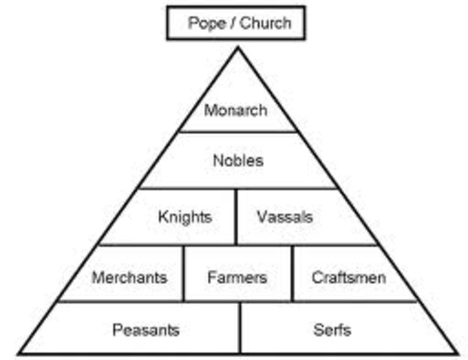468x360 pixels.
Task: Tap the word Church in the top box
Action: [x=265, y=22]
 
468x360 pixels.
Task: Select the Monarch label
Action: [x=235, y=111]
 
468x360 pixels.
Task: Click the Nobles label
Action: [x=238, y=160]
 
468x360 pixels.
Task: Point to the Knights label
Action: [x=184, y=217]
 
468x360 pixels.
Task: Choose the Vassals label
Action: [x=284, y=217]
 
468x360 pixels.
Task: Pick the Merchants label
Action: [x=129, y=277]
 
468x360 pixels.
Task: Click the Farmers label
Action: [x=237, y=277]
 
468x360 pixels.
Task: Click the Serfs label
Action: [x=333, y=329]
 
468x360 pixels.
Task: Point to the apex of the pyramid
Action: [x=238, y=47]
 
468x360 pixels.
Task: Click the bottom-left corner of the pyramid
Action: [x=19, y=353]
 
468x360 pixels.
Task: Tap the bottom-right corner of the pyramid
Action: [x=457, y=353]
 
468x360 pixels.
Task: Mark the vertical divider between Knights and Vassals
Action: [x=236, y=217]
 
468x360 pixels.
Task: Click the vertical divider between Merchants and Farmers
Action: [x=184, y=274]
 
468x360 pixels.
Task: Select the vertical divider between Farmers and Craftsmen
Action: [x=292, y=274]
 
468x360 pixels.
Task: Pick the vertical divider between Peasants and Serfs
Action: [x=240, y=328]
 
